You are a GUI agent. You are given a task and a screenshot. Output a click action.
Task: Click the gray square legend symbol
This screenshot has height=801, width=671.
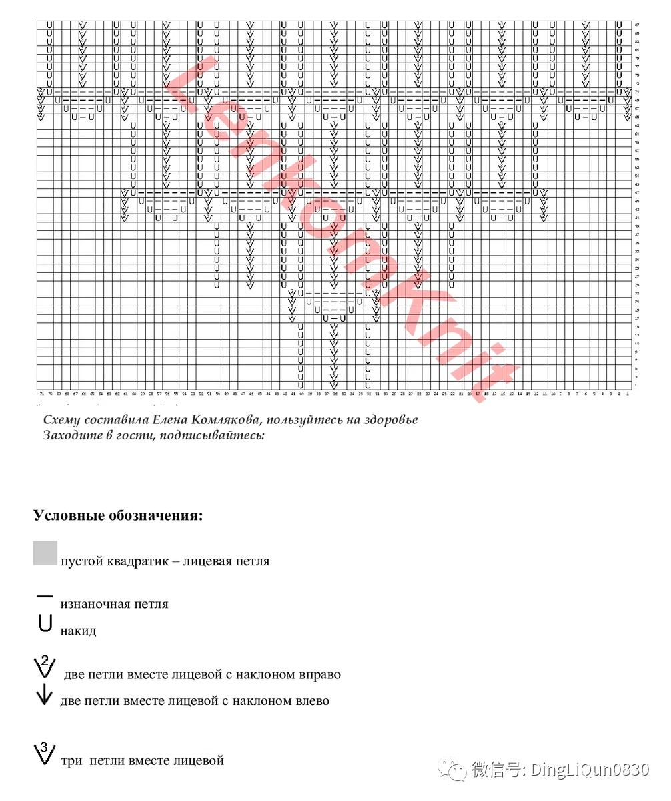pyautogui.click(x=45, y=553)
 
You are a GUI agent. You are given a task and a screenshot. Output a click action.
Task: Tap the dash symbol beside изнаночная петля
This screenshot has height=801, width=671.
pyautogui.click(x=45, y=595)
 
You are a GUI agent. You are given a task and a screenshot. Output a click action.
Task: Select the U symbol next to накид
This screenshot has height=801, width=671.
pyautogui.click(x=45, y=623)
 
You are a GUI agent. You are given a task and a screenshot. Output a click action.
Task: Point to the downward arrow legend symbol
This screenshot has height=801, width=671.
pyautogui.click(x=44, y=697)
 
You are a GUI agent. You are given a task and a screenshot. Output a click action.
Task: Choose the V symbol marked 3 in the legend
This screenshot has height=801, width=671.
pyautogui.click(x=45, y=754)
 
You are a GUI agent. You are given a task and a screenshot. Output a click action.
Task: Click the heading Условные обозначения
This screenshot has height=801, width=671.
pyautogui.click(x=118, y=516)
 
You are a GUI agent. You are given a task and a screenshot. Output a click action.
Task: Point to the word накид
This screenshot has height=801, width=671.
pyautogui.click(x=78, y=631)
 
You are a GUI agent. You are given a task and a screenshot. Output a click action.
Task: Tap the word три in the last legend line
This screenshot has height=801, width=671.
pyautogui.click(x=72, y=760)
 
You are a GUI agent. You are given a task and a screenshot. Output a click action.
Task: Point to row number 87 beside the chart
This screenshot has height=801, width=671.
pyautogui.click(x=637, y=25)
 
